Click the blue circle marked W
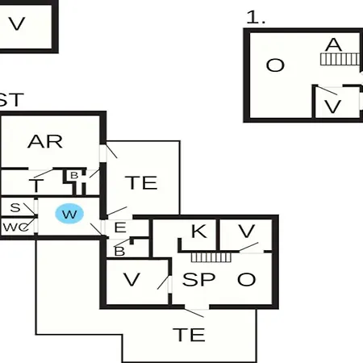69,214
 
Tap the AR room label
45,141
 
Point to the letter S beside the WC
15,207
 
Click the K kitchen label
199,231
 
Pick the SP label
198,279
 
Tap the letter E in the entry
120,227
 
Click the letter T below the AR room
36,186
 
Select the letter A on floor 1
333,44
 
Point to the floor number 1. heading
256,18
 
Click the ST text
11,100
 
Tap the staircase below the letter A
340,59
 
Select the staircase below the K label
211,257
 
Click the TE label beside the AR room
141,182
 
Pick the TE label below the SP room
189,335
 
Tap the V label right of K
247,231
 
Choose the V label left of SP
131,279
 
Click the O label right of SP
246,279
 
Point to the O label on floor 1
275,65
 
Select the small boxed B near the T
74,175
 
